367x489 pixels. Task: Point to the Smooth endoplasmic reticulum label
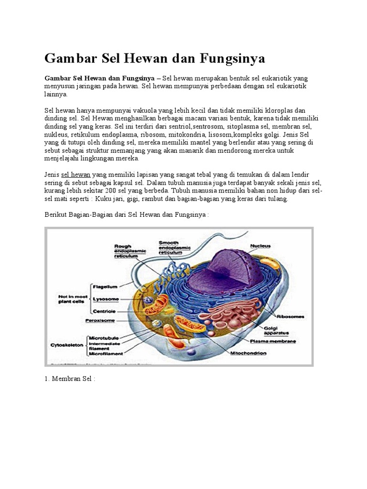(174, 247)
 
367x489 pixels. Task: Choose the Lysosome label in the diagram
(107, 299)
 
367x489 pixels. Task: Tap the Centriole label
(106, 311)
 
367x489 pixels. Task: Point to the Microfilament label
(107, 354)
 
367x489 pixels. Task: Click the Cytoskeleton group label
(66, 344)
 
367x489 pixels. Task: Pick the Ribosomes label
(292, 316)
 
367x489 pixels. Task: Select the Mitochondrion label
(248, 354)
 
